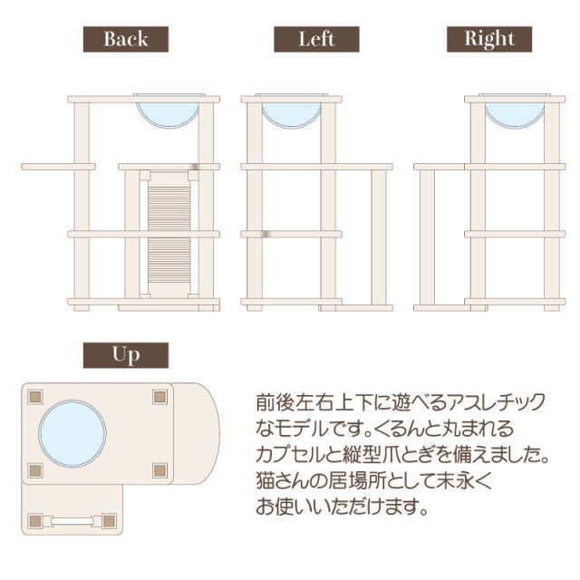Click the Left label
point(316,39)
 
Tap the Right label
point(488,39)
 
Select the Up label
point(125,354)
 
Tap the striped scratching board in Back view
point(170,231)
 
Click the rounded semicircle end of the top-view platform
point(202,431)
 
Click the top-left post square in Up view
point(35,395)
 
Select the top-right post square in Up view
point(160,395)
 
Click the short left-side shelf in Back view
point(58,167)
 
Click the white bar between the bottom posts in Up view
point(72,521)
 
